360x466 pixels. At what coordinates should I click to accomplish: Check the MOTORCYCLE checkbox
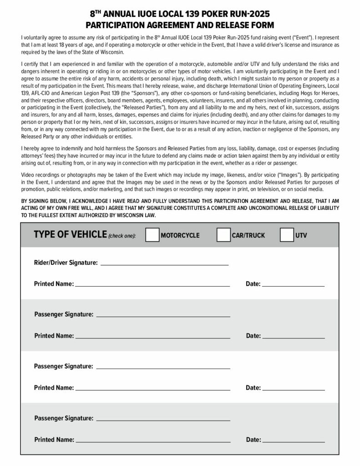click(x=152, y=235)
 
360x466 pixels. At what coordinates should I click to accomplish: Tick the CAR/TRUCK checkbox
click(x=223, y=235)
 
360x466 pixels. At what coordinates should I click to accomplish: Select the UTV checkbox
click(x=286, y=235)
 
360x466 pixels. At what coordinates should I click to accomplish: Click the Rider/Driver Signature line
click(x=164, y=263)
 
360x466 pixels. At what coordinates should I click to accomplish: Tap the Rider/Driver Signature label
click(x=66, y=263)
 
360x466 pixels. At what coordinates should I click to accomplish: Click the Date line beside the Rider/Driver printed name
click(x=293, y=285)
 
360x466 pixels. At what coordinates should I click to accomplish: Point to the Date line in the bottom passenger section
click(x=294, y=441)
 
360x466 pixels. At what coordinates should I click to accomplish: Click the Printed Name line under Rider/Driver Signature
click(x=152, y=285)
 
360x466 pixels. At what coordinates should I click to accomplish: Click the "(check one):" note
click(x=122, y=236)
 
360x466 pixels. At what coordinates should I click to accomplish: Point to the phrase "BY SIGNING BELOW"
click(x=42, y=201)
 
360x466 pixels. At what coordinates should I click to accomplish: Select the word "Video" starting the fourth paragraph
click(x=28, y=175)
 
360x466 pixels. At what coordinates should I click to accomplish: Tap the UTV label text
click(x=301, y=235)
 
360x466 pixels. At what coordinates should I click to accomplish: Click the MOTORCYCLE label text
click(x=180, y=235)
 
